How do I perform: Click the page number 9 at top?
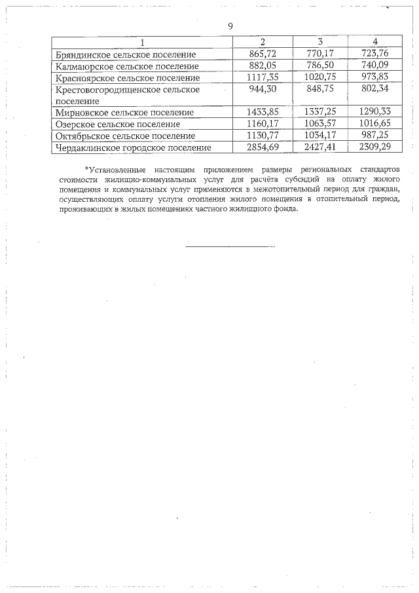[x=230, y=26]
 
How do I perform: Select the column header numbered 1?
[x=142, y=42]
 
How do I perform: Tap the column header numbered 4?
[x=374, y=42]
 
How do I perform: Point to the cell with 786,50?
[x=320, y=66]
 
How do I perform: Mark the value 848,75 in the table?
[x=320, y=90]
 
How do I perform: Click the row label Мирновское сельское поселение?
[x=125, y=113]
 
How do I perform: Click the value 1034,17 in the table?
[x=320, y=136]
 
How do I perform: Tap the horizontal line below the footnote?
[x=230, y=247]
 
